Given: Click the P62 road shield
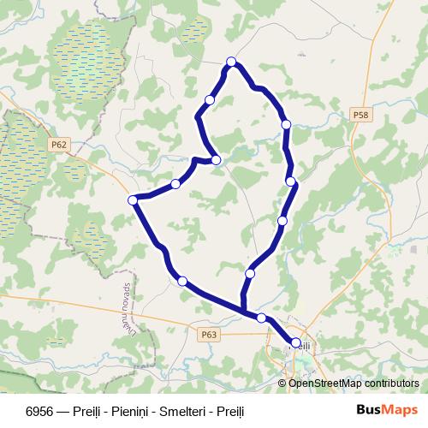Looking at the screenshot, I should point(58,145).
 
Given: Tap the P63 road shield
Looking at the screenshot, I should point(210,335).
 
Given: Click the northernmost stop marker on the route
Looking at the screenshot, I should point(231,60).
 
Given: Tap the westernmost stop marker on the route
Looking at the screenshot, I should point(133,200).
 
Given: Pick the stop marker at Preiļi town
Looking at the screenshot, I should point(296,343).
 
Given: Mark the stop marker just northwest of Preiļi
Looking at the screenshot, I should point(261,318).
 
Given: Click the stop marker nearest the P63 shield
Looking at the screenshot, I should point(181,281).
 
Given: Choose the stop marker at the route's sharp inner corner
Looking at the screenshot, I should point(217,160).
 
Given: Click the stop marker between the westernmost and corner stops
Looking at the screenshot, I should point(175,183).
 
